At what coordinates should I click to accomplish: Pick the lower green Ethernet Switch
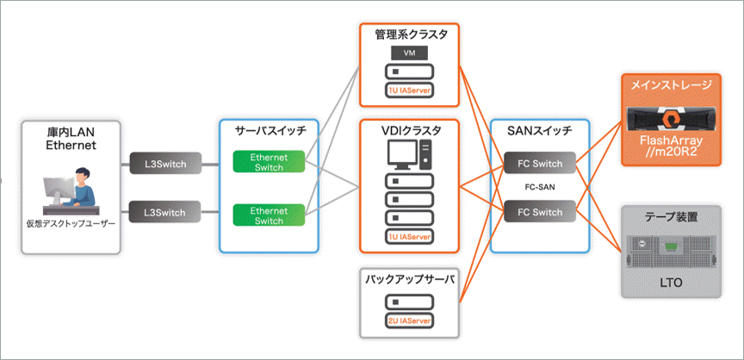(269, 215)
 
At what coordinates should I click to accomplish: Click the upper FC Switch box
(541, 163)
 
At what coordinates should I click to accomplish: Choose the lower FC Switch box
(541, 211)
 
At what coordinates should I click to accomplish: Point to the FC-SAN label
(541, 187)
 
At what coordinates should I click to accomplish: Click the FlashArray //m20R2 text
(672, 146)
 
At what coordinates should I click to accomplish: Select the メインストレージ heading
(672, 85)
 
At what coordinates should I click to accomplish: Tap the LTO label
(671, 282)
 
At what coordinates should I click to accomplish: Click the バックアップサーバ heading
(409, 281)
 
